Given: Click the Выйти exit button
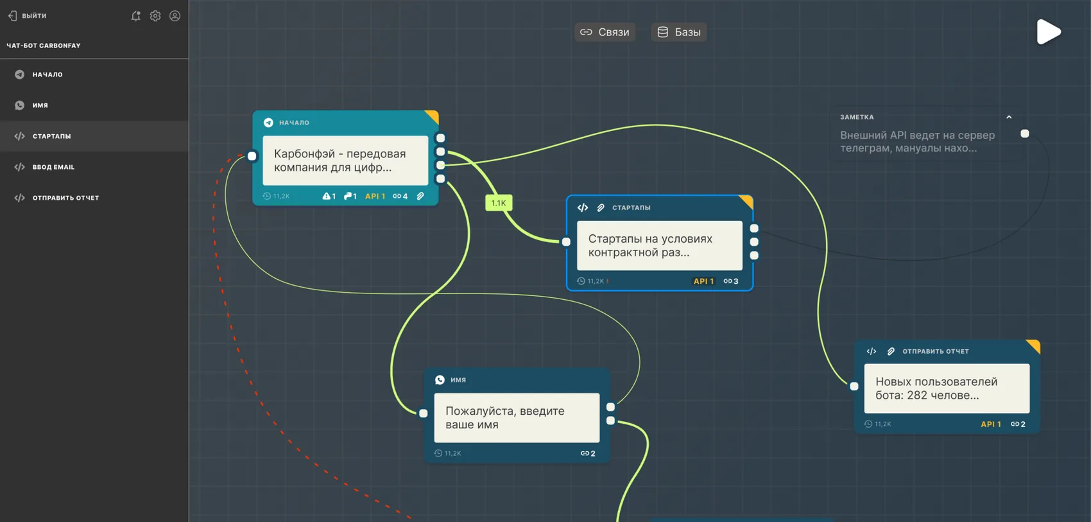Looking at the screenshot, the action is coord(27,15).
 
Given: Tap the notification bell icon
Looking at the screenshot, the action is coord(136,16).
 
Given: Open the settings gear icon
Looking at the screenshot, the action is coord(155,16).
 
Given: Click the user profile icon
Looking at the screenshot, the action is coord(175,16).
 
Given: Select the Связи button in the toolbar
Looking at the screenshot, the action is coord(605,32).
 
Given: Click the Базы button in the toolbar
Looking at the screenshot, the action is coord(679,32).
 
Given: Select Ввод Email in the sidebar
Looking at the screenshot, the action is coord(53,167).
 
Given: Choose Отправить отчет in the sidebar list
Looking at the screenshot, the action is coord(65,198).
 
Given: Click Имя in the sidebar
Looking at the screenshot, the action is coord(40,105).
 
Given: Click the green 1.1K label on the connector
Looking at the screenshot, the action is coord(498,203).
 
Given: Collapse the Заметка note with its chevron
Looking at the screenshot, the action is coord(1009,117).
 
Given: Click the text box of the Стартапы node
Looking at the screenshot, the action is coord(660,246).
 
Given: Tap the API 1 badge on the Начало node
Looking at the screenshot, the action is coord(375,196).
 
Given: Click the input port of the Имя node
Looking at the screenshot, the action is coord(424,413).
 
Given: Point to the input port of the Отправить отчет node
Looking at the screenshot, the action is coord(854,387).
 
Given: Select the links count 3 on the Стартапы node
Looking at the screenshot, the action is coord(731,281).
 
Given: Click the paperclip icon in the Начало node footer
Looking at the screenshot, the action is coord(420,196).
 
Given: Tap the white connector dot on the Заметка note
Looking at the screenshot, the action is coord(1025,134).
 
